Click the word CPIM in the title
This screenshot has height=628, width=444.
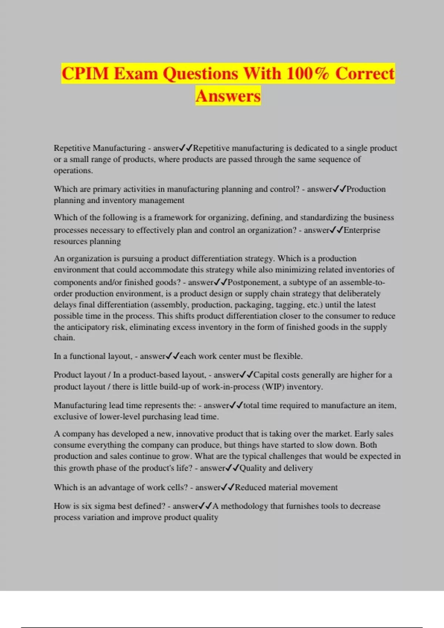[85, 73]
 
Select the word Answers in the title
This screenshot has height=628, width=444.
[228, 96]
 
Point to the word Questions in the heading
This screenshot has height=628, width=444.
[200, 73]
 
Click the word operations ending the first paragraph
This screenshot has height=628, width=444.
[73, 171]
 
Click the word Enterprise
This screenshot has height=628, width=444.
[362, 230]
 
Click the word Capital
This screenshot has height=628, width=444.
[266, 375]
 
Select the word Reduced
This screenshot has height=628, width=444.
[250, 487]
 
